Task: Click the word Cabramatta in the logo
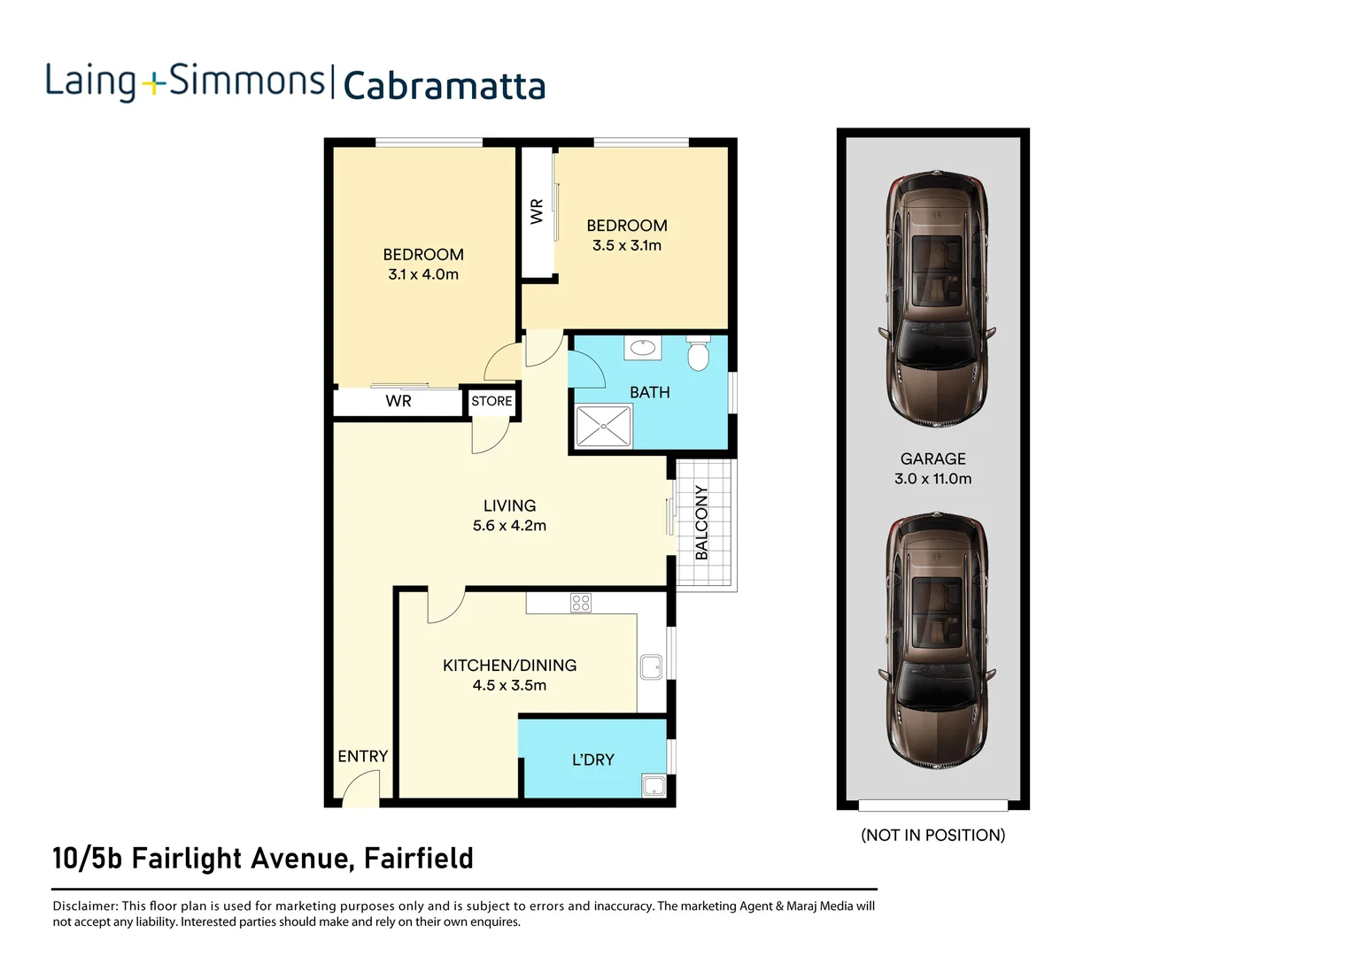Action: (x=444, y=87)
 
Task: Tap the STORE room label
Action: (x=491, y=401)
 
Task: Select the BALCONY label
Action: (x=701, y=522)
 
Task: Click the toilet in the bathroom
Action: (x=698, y=353)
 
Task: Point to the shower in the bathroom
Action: (x=603, y=426)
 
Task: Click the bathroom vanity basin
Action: (x=643, y=347)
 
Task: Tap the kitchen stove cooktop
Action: (x=581, y=603)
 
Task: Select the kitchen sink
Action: (x=651, y=667)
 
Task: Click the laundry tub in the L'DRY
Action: (x=654, y=785)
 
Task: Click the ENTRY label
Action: (x=362, y=756)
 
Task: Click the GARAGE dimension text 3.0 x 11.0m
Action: (x=932, y=479)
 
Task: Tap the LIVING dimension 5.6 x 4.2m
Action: (x=509, y=526)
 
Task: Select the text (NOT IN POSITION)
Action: (x=932, y=835)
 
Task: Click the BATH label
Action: (x=649, y=392)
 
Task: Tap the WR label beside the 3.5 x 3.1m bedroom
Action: (x=537, y=211)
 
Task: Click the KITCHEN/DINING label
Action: (x=509, y=666)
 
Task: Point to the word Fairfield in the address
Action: (x=418, y=859)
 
